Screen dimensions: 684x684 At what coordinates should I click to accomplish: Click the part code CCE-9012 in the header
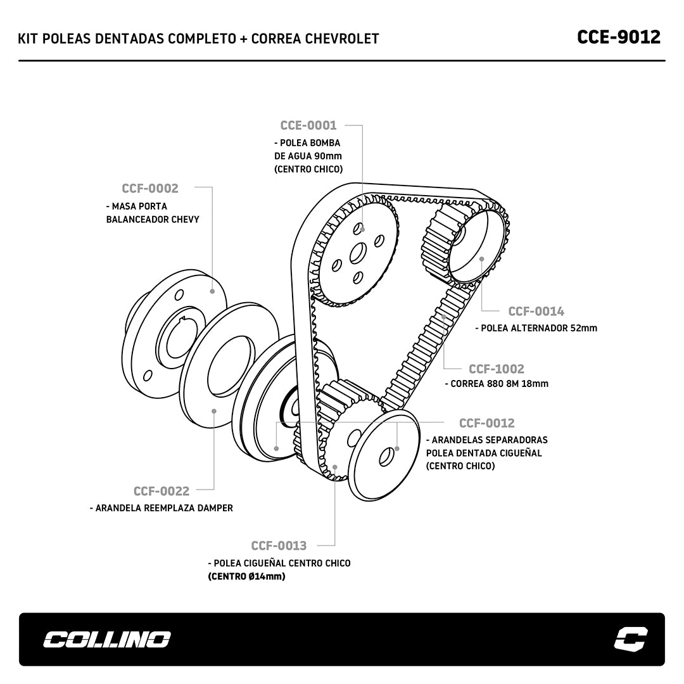tap(618, 37)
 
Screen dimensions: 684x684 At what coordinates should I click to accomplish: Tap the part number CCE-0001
tap(308, 125)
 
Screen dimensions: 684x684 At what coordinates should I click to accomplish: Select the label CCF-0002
tap(150, 188)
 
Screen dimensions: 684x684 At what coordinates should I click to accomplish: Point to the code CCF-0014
tap(536, 311)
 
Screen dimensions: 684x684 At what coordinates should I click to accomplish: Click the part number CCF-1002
tap(496, 369)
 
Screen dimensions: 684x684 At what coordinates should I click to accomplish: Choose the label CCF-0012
tap(486, 423)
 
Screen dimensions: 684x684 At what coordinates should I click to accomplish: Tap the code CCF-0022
tap(161, 491)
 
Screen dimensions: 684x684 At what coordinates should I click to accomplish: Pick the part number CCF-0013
tap(279, 545)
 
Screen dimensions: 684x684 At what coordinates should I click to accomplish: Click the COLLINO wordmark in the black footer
tap(106, 640)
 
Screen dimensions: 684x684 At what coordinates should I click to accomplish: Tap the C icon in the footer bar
tap(631, 639)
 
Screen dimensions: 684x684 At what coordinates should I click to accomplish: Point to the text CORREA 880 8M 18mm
tap(499, 383)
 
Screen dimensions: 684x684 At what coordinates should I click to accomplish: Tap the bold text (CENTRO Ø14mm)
tap(246, 576)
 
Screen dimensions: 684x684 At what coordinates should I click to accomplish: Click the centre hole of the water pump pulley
tap(357, 253)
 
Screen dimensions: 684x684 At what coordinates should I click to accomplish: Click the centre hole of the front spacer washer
tap(385, 457)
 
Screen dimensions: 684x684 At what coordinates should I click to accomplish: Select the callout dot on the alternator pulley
tap(482, 258)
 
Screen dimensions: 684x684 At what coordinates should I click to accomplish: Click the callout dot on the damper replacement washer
tap(214, 411)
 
